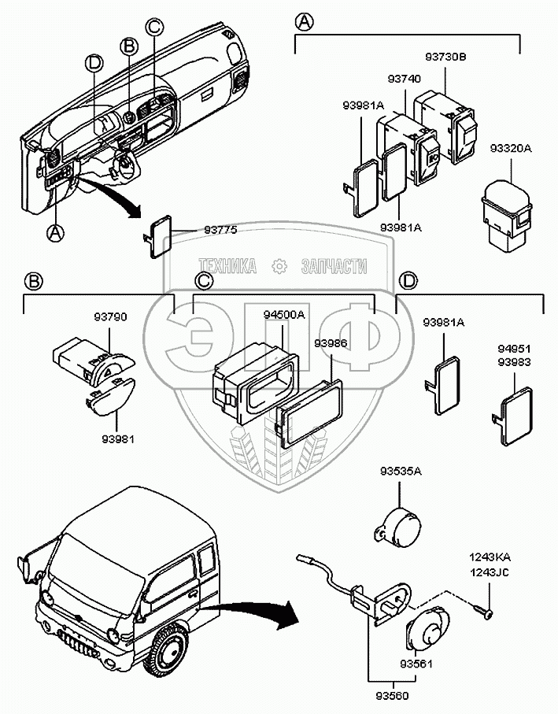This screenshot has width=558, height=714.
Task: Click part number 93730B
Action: [x=445, y=57]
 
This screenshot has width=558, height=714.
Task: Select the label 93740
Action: [x=403, y=80]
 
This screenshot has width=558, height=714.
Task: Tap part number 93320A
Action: [x=511, y=147]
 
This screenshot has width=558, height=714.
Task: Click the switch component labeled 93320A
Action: [x=506, y=210]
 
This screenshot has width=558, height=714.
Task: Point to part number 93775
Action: [x=220, y=229]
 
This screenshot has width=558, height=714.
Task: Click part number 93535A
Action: [x=401, y=472]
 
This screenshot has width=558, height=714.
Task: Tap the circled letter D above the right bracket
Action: [x=408, y=279]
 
